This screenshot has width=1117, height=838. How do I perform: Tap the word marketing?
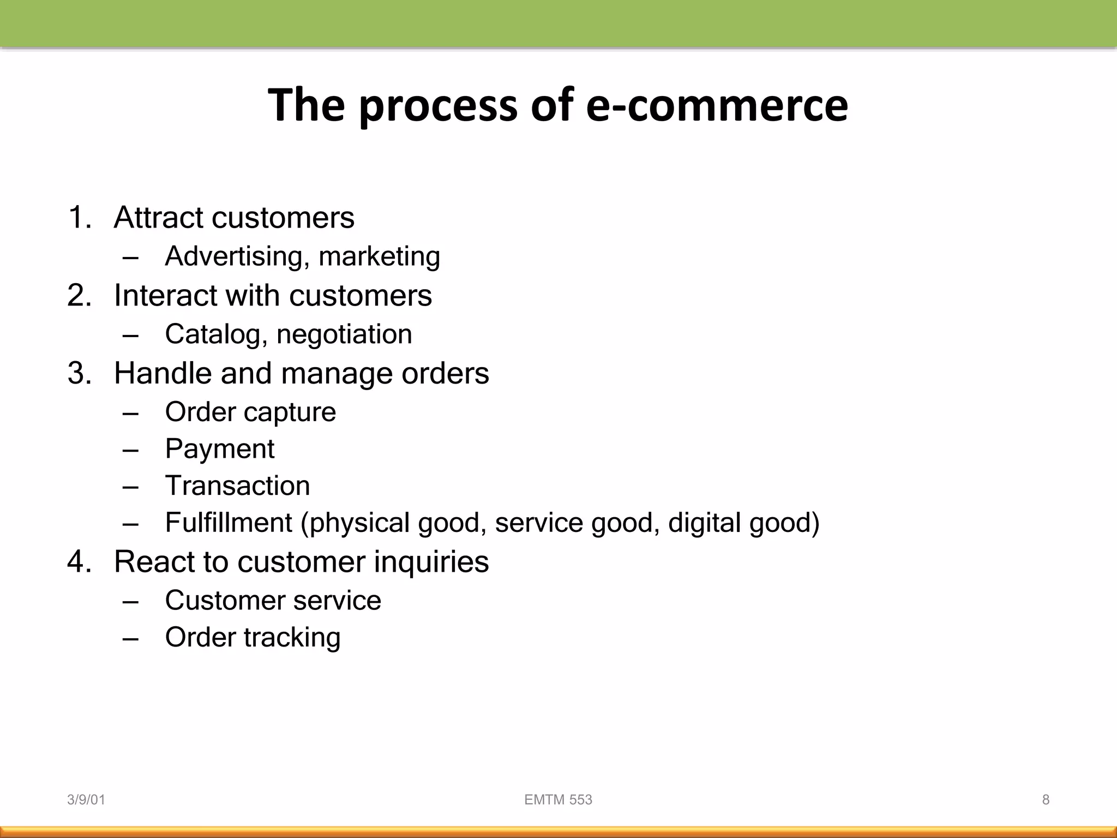[x=379, y=256]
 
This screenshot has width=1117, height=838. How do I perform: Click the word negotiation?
[x=344, y=334]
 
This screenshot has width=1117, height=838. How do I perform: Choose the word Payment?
[x=220, y=450]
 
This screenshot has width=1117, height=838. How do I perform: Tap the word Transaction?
[x=237, y=486]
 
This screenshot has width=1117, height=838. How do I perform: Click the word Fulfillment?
[x=229, y=522]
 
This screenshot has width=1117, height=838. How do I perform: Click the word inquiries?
[x=431, y=562]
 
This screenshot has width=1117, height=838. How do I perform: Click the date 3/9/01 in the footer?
[x=86, y=800]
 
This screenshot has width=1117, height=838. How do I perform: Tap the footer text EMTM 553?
[x=558, y=800]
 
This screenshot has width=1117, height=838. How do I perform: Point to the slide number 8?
[x=1046, y=800]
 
